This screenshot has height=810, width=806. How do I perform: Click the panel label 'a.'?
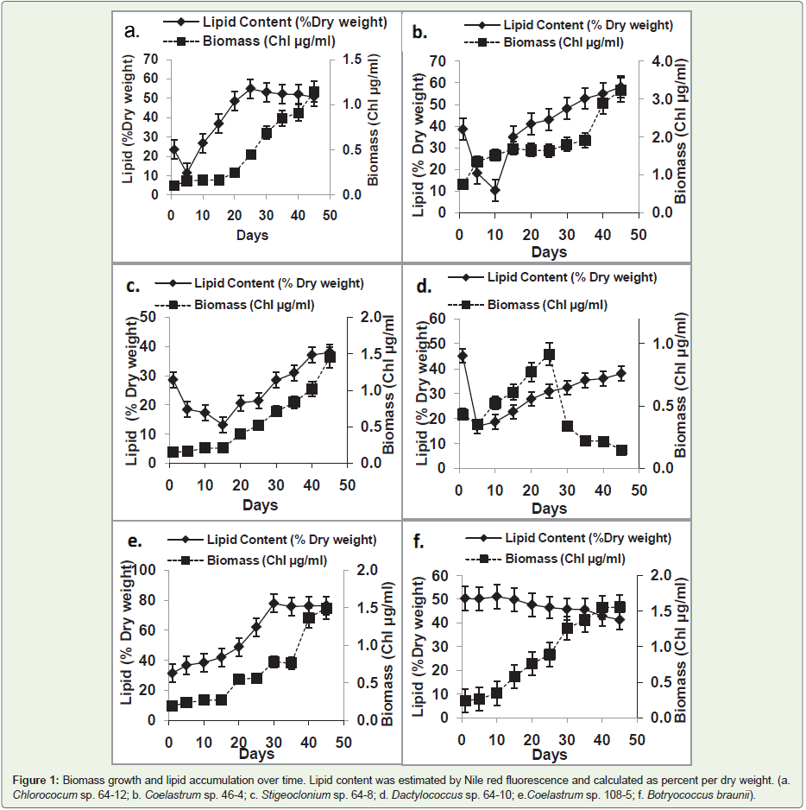(131, 32)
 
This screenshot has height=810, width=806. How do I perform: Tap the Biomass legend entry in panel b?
(564, 41)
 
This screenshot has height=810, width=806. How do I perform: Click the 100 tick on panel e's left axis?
(148, 570)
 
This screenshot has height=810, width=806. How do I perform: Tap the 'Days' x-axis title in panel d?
(549, 509)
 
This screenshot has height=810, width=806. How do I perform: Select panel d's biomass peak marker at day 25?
(549, 355)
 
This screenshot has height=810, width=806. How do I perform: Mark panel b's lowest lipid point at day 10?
(495, 190)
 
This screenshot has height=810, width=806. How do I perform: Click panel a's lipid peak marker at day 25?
(251, 88)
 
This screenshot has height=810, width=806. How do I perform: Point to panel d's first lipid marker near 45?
(463, 356)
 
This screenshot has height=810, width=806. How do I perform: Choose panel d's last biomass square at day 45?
(620, 451)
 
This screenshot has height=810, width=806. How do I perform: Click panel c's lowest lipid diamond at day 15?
(223, 425)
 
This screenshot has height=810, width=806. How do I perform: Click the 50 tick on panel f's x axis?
(636, 739)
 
